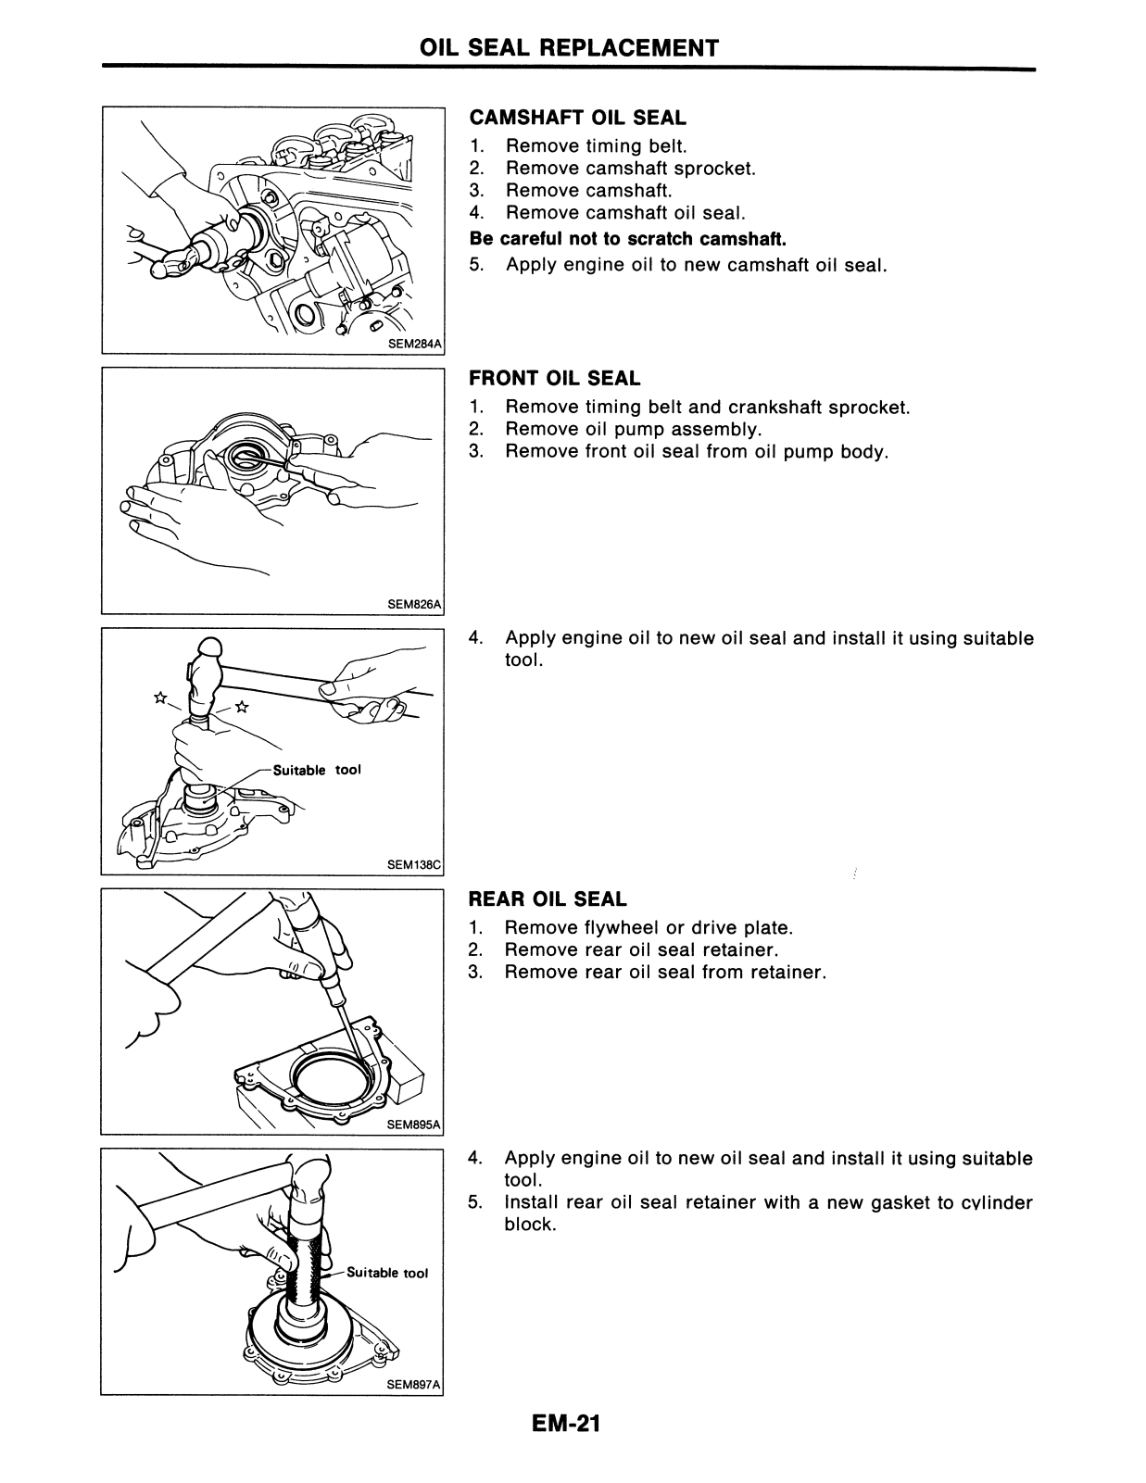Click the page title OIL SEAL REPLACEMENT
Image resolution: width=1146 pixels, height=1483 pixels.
(x=569, y=47)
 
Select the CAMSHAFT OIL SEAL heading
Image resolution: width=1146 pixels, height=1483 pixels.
(x=577, y=118)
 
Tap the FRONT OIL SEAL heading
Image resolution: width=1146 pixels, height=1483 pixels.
(x=554, y=378)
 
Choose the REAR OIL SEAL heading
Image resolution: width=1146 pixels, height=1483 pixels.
(x=547, y=899)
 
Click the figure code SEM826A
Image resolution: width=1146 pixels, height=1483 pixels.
(x=415, y=605)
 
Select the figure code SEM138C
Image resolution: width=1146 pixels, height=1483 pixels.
(x=415, y=865)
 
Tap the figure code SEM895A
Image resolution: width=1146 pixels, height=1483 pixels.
(x=415, y=1125)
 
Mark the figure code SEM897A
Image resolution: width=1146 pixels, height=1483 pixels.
(x=415, y=1385)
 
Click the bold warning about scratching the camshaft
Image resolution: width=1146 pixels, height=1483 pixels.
(x=628, y=238)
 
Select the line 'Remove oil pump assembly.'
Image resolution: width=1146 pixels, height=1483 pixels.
(x=633, y=429)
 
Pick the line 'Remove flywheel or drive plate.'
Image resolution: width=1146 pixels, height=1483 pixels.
(x=649, y=927)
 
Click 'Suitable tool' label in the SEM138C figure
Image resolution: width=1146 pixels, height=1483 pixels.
(x=317, y=770)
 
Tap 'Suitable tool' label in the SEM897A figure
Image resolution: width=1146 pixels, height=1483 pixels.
(x=387, y=1273)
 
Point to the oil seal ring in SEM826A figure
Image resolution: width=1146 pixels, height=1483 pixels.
(x=246, y=456)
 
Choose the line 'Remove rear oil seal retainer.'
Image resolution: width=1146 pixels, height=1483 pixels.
(x=641, y=949)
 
